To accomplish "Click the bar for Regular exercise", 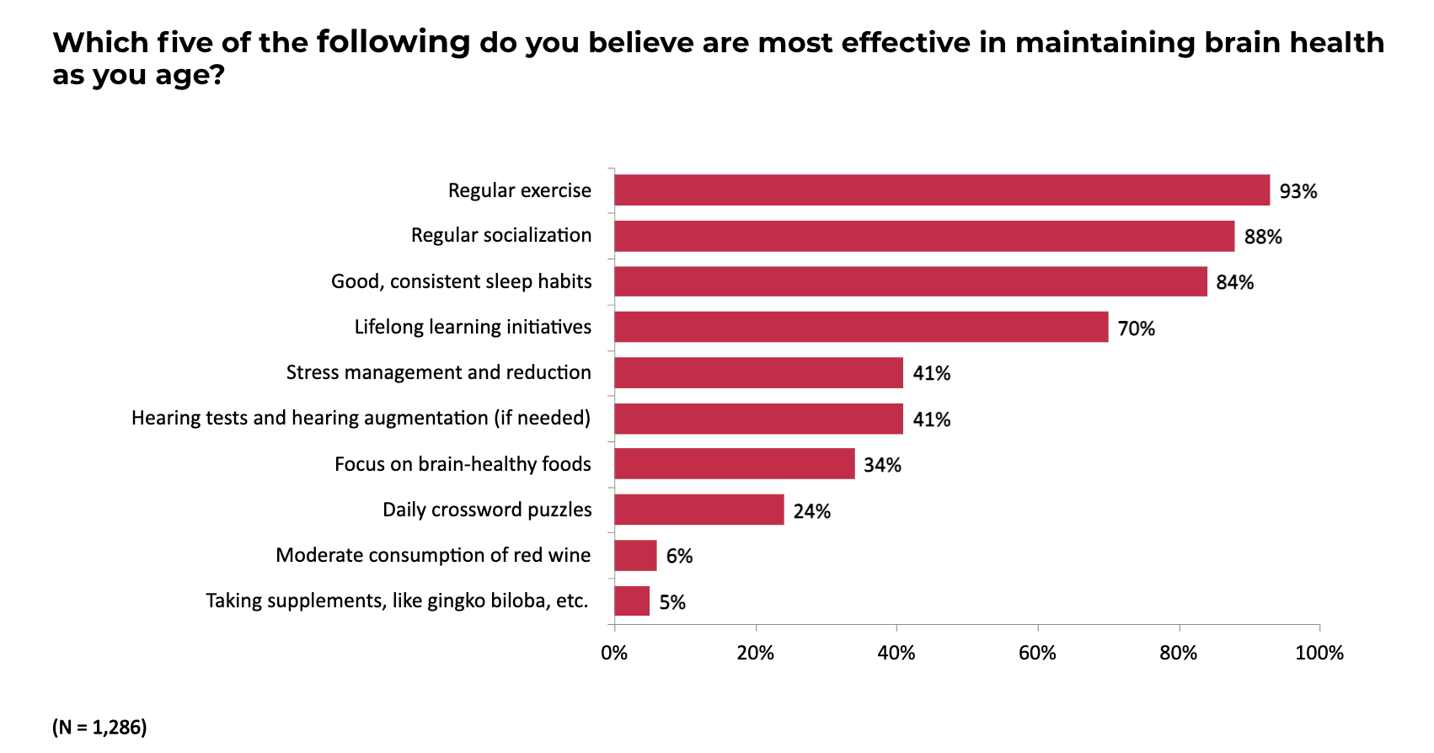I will click(x=942, y=190).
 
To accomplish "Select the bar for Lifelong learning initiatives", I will click(x=861, y=327).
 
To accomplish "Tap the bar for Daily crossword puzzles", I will click(x=699, y=510).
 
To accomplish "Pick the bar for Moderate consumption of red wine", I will click(x=635, y=556).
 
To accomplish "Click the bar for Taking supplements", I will click(x=632, y=601).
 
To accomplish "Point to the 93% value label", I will click(x=1298, y=191).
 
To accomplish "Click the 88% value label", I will click(x=1262, y=237).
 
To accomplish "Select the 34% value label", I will click(x=882, y=465).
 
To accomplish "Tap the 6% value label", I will click(x=679, y=556).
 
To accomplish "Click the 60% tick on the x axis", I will click(x=1037, y=653).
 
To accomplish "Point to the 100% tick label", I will click(x=1319, y=653).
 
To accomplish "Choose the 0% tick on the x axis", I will click(x=614, y=653).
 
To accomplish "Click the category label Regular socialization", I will click(x=501, y=236).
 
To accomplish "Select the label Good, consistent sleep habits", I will click(x=461, y=281).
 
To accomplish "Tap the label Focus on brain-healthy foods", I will click(x=463, y=464).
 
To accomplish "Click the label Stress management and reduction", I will click(x=438, y=372).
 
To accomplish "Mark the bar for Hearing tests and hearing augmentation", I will click(x=758, y=419).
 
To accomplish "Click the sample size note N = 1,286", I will click(x=99, y=727).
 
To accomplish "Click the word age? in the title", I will click(x=190, y=76).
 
